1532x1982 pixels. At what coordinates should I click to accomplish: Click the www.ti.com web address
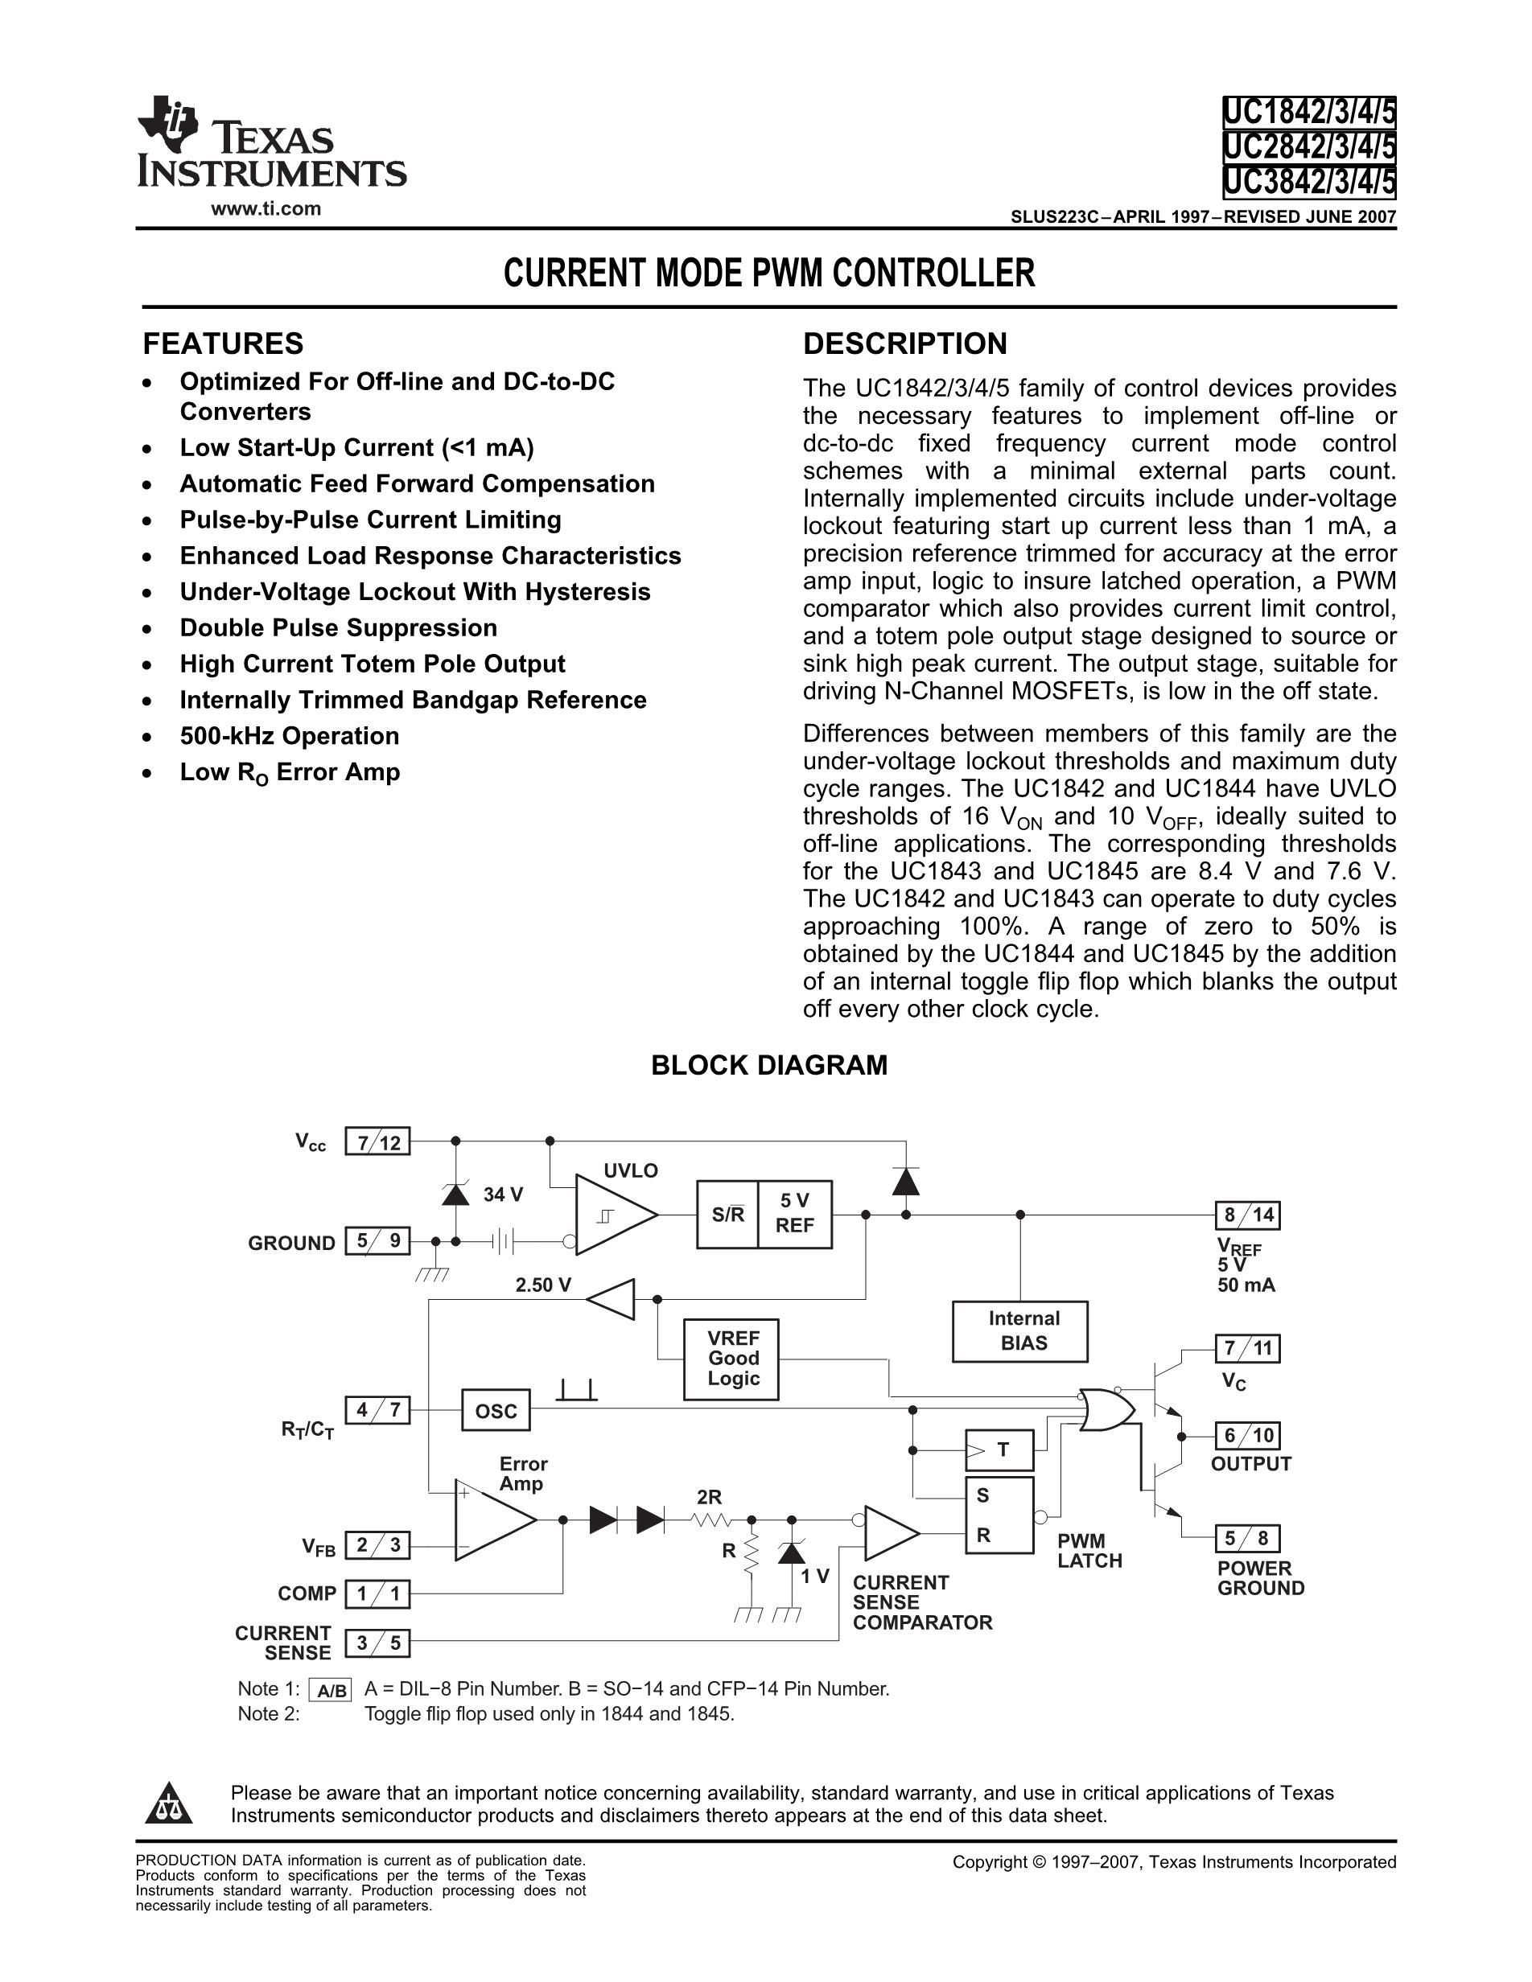coord(266,208)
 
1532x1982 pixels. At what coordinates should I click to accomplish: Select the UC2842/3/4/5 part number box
coord(1308,147)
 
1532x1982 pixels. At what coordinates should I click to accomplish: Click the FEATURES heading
coord(223,344)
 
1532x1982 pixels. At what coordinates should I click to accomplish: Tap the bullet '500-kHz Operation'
coord(290,736)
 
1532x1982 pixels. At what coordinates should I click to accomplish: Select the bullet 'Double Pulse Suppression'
coord(339,628)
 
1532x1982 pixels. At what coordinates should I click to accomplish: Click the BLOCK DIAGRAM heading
coord(768,1066)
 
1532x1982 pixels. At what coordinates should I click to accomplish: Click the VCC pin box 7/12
coord(377,1141)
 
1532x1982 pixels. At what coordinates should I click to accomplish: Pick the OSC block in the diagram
coord(496,1410)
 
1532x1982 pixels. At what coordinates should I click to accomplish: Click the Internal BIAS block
coord(1020,1331)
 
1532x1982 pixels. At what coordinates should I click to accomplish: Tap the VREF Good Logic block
coord(731,1359)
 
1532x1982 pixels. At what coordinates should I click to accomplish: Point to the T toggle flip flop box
coord(999,1450)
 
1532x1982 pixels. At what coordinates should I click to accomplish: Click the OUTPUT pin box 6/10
coord(1248,1436)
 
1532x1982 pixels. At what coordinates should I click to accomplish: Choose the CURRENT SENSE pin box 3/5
coord(377,1643)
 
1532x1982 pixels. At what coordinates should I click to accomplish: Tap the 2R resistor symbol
coord(710,1519)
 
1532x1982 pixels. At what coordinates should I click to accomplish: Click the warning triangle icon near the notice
coord(169,1803)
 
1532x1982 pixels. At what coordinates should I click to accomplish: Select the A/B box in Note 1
coord(331,1690)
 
